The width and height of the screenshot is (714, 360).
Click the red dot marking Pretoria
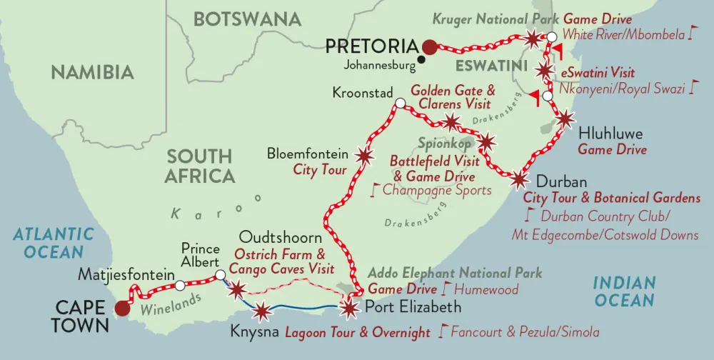[428, 47]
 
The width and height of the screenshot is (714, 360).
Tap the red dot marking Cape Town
[123, 309]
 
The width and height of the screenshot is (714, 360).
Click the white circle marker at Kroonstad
[400, 105]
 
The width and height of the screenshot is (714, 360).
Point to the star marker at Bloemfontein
[364, 155]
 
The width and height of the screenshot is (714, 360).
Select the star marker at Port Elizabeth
[348, 308]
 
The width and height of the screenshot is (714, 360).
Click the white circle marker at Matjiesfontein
[181, 285]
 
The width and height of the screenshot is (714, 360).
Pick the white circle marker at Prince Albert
[220, 274]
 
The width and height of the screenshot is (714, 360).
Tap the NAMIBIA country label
[93, 72]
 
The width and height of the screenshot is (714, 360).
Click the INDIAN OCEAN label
[623, 292]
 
